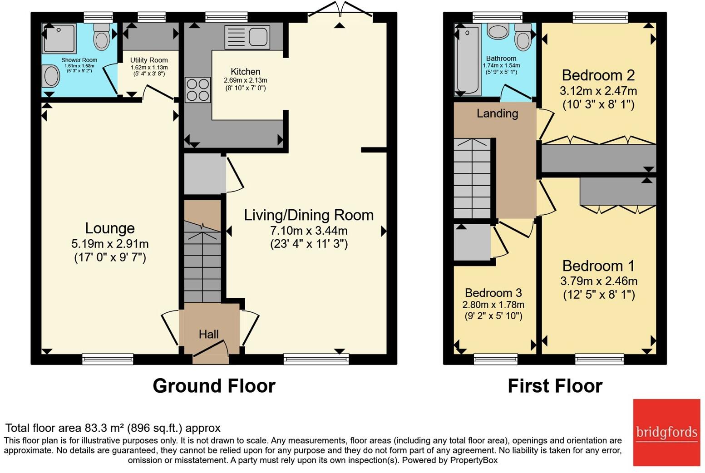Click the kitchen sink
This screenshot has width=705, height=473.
247,37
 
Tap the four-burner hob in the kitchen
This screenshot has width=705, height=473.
197,90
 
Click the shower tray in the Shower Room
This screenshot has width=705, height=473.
59,39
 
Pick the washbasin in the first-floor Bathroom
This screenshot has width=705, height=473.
498,31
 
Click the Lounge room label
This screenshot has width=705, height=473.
110,228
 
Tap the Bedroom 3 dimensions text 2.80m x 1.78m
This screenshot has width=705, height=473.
493,305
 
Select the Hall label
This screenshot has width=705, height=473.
208,335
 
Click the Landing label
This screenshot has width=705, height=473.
497,113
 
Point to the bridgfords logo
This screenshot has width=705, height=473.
666,432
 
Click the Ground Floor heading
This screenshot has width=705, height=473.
214,386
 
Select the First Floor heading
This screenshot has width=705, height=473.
555,386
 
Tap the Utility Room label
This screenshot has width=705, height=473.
149,60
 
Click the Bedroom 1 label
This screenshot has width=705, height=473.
598,266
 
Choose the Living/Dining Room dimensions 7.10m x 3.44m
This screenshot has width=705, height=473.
309,230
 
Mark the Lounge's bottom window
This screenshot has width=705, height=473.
108,359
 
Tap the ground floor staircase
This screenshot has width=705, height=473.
202,263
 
